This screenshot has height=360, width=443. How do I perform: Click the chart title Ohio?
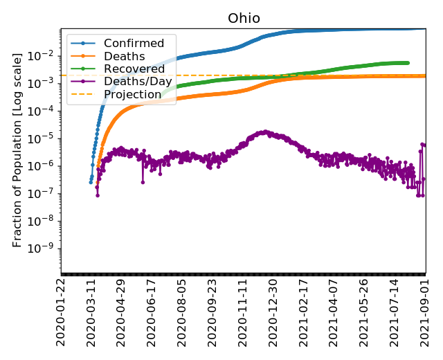pyautogui.click(x=244, y=18)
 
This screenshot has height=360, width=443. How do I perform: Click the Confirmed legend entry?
pyautogui.click(x=134, y=44)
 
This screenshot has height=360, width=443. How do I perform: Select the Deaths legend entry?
pyautogui.click(x=124, y=56)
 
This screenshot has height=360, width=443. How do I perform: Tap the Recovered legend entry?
pyautogui.click(x=134, y=69)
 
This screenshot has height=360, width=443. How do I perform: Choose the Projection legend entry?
pyautogui.click(x=132, y=94)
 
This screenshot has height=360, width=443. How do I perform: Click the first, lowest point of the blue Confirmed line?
pyautogui.click(x=91, y=182)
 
